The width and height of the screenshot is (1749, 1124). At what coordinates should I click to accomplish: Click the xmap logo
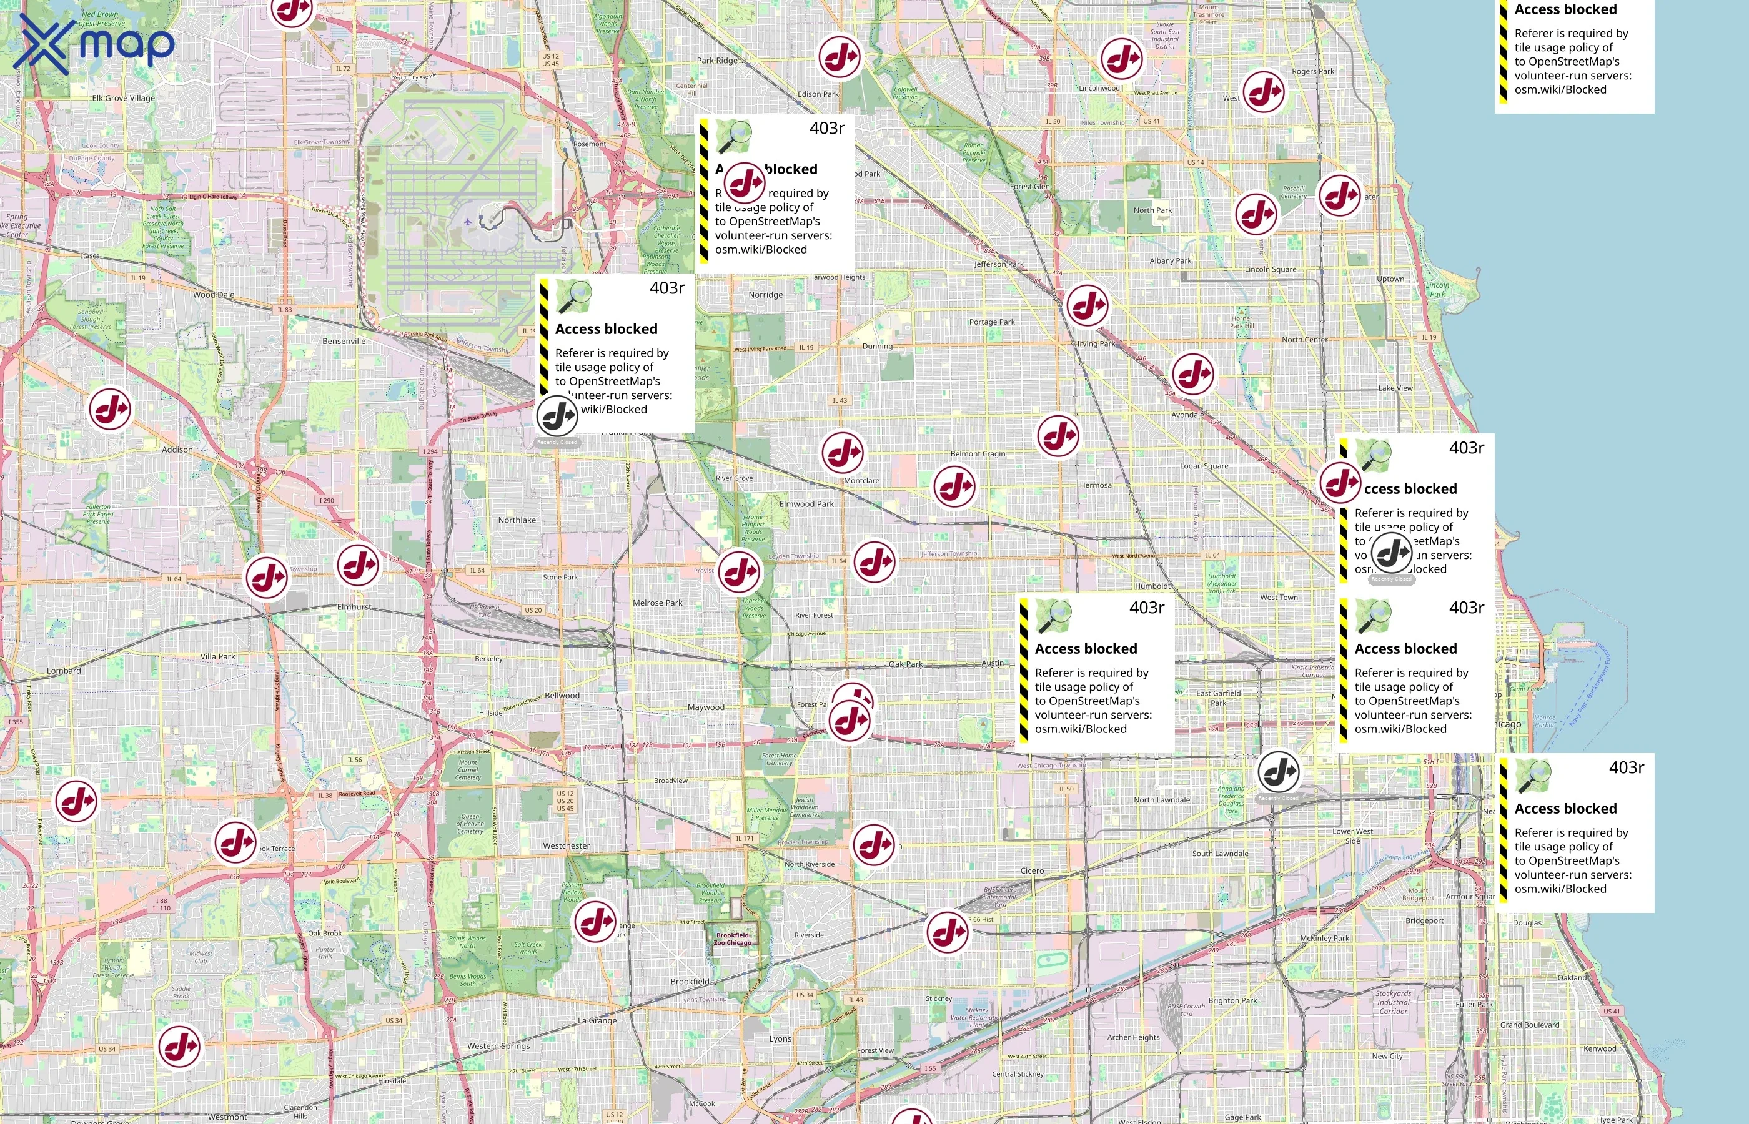coord(94,45)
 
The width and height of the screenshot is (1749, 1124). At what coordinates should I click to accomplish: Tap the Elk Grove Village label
coord(122,98)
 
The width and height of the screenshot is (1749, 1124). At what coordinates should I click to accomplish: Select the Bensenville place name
coord(344,341)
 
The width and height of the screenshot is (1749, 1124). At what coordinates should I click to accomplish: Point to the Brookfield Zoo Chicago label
coord(732,939)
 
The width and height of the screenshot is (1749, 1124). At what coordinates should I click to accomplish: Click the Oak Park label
coord(905,664)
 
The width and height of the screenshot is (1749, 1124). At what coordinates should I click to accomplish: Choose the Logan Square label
coord(1204,466)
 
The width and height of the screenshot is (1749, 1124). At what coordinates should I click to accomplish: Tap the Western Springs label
coord(498,1046)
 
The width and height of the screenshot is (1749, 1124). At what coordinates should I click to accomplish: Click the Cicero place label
coord(1031,870)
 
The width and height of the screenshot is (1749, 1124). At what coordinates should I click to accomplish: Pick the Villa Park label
coord(217,656)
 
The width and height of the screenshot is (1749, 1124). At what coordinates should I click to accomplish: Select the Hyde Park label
coord(1614,1120)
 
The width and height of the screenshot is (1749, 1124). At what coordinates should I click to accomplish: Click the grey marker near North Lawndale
coord(1278,771)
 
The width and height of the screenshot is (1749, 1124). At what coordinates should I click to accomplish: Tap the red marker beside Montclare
coord(843,453)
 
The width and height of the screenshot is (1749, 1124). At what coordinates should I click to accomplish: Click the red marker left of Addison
coord(110,409)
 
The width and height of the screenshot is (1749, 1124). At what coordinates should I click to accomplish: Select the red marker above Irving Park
coord(1087,305)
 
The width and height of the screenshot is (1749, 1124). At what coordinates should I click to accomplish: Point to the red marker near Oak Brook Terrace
coord(235,842)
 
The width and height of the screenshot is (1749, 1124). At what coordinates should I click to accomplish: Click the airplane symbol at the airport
coord(468,221)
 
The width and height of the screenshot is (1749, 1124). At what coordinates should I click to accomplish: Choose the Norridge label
coord(765,295)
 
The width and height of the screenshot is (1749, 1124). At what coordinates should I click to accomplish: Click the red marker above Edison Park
coord(839,57)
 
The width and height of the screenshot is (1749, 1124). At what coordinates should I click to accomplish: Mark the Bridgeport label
coord(1424,920)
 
